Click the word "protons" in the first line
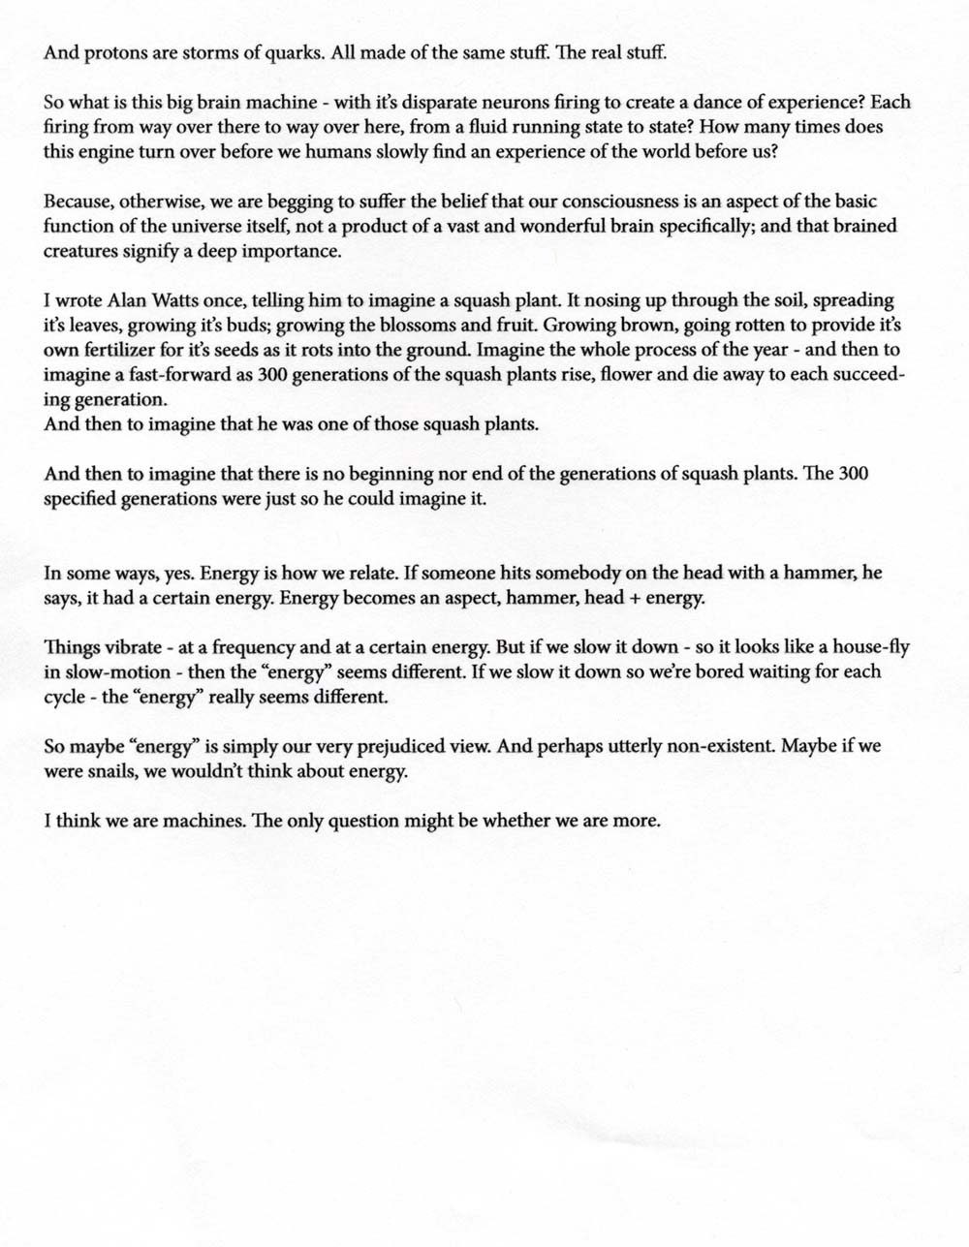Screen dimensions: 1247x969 point(110,54)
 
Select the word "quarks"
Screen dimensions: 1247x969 point(295,54)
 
